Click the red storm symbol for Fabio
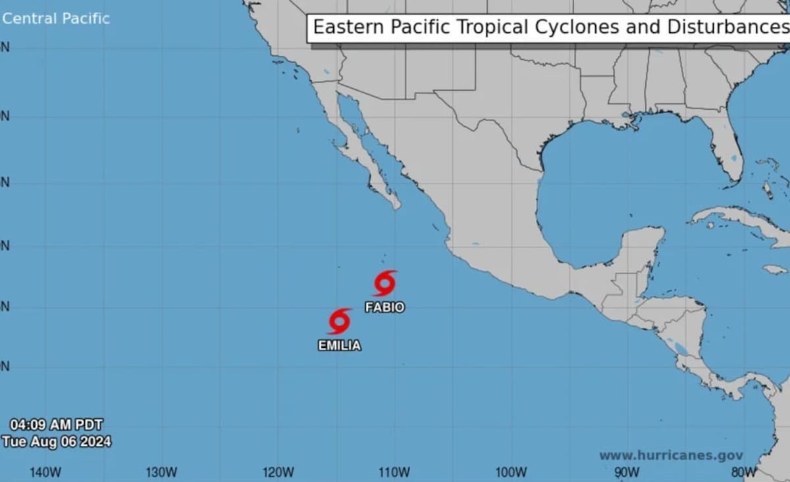pyautogui.click(x=384, y=283)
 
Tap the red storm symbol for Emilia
pyautogui.click(x=339, y=322)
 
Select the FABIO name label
pyautogui.click(x=384, y=307)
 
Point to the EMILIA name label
pyautogui.click(x=339, y=345)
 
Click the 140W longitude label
pyautogui.click(x=45, y=471)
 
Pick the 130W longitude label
pyautogui.click(x=161, y=471)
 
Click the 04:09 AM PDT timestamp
pyautogui.click(x=56, y=425)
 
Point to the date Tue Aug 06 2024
pyautogui.click(x=56, y=441)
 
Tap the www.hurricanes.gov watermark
pyautogui.click(x=671, y=455)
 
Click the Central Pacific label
pyautogui.click(x=56, y=18)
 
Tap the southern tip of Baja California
pyautogui.click(x=396, y=205)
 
